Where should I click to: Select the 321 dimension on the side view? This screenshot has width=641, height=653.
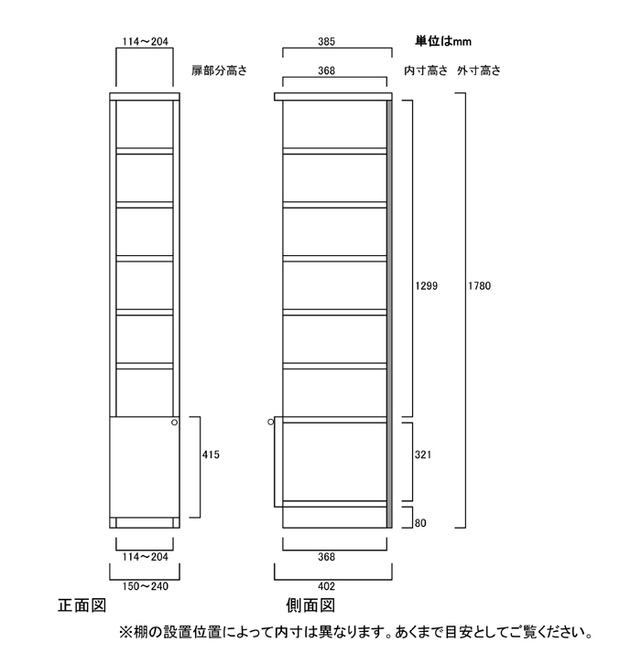pos(422,454)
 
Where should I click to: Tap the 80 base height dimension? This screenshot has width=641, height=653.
pos(420,524)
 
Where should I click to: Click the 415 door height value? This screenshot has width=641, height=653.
pos(211,454)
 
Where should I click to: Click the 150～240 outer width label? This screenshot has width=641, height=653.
pos(145,585)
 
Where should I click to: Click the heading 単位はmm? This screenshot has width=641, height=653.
pos(443,41)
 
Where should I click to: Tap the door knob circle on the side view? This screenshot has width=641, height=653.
pos(271,423)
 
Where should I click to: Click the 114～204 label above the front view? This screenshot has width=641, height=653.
pos(145,41)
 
